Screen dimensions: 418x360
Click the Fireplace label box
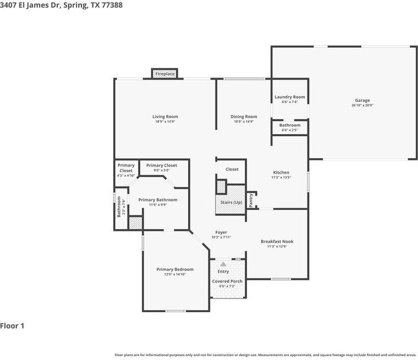pos(165,74)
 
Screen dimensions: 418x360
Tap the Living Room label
pos(165,117)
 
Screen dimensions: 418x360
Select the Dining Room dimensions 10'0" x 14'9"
pos(244,121)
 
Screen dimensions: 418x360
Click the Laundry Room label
pos(290,97)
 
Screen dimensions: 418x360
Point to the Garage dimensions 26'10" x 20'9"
pos(362,106)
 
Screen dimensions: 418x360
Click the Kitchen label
pos(281,173)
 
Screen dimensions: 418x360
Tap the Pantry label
pos(251,201)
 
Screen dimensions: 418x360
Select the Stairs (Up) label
pos(231,202)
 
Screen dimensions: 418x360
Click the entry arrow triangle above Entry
pos(223,264)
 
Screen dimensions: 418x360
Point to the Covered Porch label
pos(227,281)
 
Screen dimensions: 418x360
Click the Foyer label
pos(221,232)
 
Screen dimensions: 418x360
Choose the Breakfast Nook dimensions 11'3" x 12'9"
pos(277,246)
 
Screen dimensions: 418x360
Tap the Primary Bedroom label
pos(175,269)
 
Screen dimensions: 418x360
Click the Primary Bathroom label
pos(158,200)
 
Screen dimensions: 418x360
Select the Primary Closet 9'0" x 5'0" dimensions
pos(162,170)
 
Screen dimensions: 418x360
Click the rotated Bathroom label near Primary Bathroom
pos(119,207)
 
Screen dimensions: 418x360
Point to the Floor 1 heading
pos(12,325)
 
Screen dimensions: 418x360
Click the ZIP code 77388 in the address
pos(112,5)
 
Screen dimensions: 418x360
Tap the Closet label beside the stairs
pos(232,169)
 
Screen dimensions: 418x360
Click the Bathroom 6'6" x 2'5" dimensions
pos(290,130)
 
